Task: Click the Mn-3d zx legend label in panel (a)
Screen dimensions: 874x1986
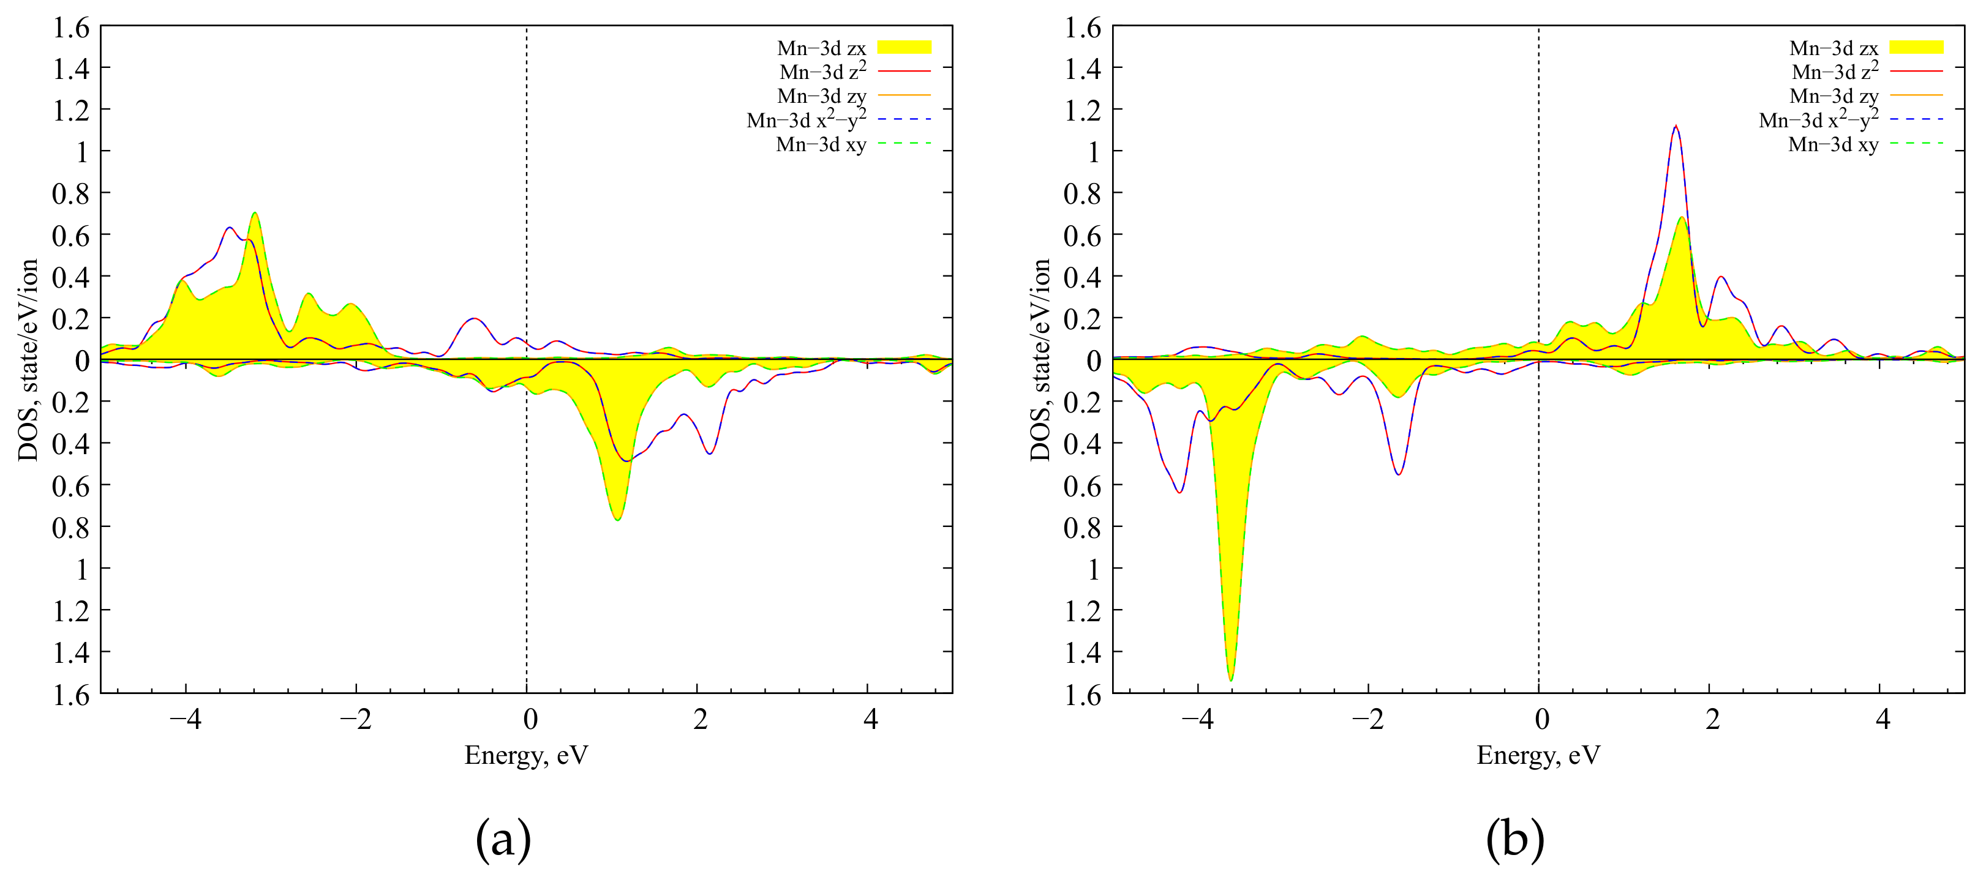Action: pos(821,48)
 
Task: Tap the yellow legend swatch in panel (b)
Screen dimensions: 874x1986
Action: pos(1916,47)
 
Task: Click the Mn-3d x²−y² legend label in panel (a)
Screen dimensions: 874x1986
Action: pos(806,119)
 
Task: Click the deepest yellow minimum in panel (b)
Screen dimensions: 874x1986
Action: pos(1230,678)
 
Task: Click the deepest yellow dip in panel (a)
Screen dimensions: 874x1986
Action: pos(617,518)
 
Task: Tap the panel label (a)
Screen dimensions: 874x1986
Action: pos(503,839)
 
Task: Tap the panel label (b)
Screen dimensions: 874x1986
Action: pos(1515,839)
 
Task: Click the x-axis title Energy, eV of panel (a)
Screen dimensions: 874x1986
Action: pos(526,755)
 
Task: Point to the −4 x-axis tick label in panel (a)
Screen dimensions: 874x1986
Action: pos(185,719)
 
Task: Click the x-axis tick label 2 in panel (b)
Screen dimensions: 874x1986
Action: pos(1712,719)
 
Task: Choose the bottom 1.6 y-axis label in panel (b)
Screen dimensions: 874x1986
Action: pos(1083,695)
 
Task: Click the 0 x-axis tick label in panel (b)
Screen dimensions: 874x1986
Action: pos(1541,719)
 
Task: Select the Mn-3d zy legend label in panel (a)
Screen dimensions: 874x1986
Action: pos(821,95)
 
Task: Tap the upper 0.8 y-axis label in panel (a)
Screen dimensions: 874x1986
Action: pos(71,193)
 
